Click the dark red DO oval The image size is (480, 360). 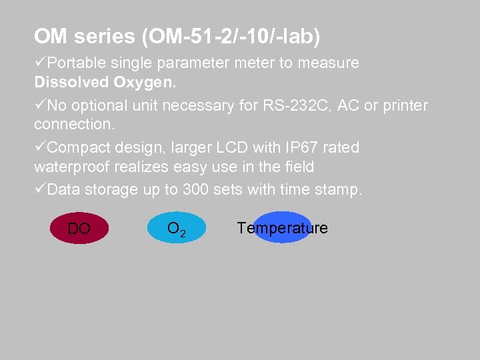click(79, 228)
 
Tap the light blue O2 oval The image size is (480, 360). click(176, 228)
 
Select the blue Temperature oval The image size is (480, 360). click(283, 228)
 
